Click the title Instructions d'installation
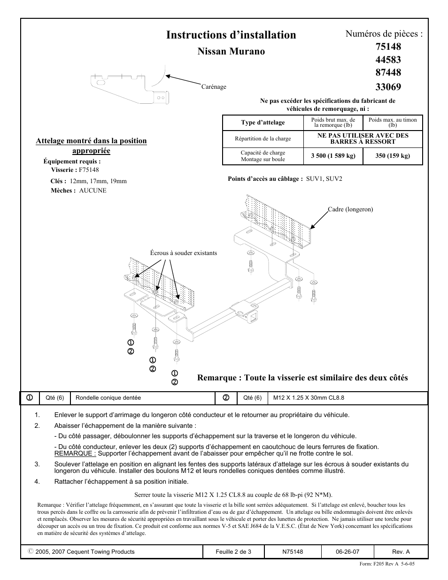click(x=231, y=35)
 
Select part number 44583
click(x=388, y=60)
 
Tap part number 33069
click(x=388, y=86)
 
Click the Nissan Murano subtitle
click(x=231, y=52)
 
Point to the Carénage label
click(x=214, y=87)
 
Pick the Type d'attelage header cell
click(x=263, y=123)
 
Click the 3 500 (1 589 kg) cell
click(x=333, y=156)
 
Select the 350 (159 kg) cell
click(x=393, y=156)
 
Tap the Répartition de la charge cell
click(x=263, y=139)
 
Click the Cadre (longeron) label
click(x=350, y=209)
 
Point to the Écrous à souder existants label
click(x=184, y=253)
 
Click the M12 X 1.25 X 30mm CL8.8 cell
click(x=309, y=398)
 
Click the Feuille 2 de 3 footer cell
click(x=233, y=552)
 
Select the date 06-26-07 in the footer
click(x=348, y=552)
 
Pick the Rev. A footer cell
click(x=401, y=552)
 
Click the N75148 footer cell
click(x=293, y=552)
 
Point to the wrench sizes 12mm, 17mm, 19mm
click(x=98, y=181)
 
